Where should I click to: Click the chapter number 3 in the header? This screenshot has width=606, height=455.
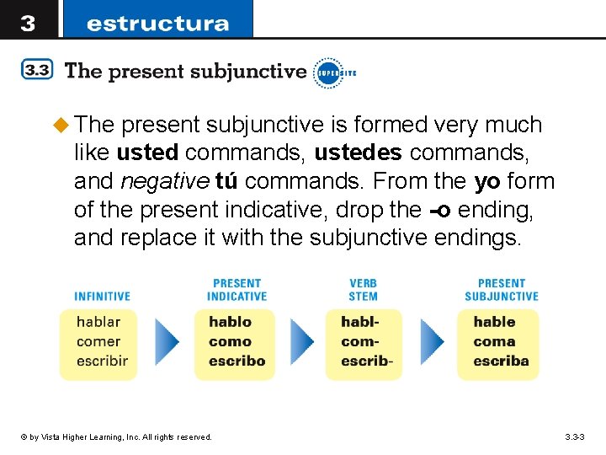pos(28,22)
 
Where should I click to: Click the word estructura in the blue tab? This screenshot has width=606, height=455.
pos(157,23)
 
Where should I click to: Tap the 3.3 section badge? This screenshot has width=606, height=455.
pos(37,71)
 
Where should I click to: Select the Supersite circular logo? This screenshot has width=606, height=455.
pos(328,72)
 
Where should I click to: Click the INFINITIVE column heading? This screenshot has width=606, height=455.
pos(102,297)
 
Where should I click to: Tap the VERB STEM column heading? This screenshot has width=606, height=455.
pos(363,290)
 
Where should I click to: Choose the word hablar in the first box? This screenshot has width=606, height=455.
pos(98,322)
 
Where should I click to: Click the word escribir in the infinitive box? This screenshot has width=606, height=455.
pos(102,361)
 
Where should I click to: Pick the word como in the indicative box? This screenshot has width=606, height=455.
pos(230,341)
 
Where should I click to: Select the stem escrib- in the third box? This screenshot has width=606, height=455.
pos(367,361)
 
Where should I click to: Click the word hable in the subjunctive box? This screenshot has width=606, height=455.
pos(494,322)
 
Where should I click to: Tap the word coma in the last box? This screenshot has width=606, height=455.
pos(494,341)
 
